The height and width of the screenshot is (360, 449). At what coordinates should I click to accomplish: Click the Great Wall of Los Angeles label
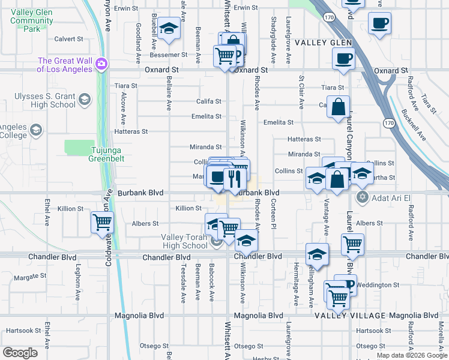[x=65, y=64]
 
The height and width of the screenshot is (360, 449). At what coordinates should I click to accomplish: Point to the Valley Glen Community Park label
[x=32, y=20]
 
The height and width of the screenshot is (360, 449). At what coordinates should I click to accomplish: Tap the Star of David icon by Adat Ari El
[x=362, y=197]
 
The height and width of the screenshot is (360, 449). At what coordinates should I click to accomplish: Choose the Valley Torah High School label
[x=184, y=241]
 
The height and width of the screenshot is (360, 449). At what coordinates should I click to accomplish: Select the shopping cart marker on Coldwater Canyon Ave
[x=103, y=222]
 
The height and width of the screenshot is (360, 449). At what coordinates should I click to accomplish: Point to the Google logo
[x=20, y=353]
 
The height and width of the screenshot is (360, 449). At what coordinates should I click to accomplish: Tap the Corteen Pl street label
[x=273, y=217]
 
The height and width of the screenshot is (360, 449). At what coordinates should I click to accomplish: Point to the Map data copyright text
[x=411, y=355]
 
